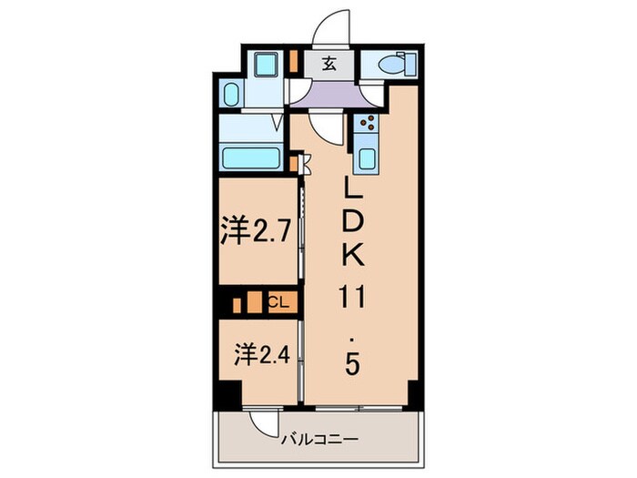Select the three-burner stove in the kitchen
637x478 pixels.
[369, 127]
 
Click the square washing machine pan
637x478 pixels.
[267, 66]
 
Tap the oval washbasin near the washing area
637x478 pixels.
[231, 96]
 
